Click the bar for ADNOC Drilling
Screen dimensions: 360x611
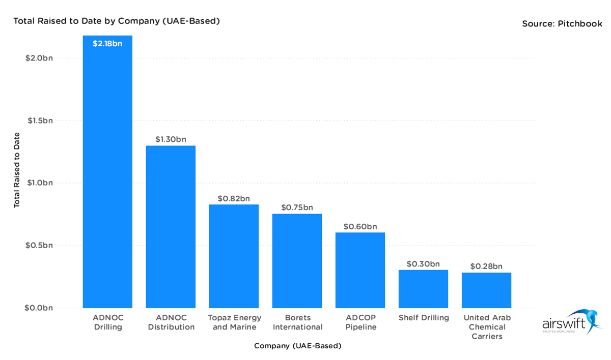107,173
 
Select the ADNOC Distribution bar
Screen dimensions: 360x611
171,227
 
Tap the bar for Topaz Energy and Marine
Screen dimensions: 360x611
234,256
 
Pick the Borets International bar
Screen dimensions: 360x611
297,261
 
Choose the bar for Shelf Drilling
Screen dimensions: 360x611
423,289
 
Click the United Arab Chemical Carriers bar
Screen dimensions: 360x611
486,290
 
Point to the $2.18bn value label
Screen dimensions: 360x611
107,44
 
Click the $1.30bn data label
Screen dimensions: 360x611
171,139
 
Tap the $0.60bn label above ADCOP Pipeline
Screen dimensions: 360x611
360,226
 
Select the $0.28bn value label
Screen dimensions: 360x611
486,266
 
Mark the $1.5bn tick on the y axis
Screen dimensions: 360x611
39,121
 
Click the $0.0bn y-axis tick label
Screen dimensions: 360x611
39,308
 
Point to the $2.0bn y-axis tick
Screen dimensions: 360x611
39,58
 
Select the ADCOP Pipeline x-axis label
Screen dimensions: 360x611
360,322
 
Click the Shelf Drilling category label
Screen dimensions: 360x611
423,318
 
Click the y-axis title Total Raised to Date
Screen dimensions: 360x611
17,170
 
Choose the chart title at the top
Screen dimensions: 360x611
117,21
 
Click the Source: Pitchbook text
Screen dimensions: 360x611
562,23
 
